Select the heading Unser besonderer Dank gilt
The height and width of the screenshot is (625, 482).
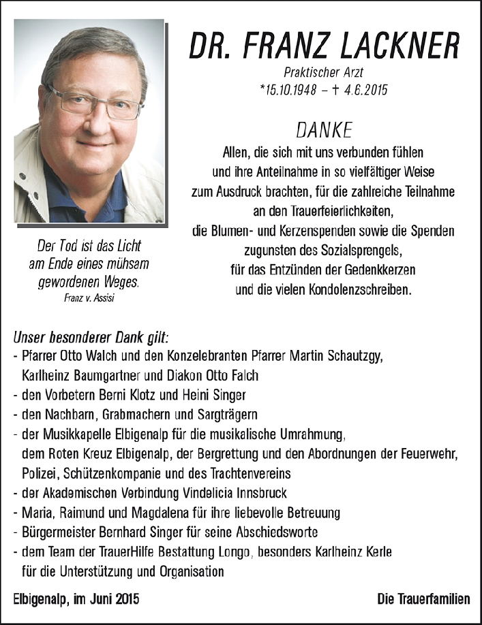[x=91, y=337]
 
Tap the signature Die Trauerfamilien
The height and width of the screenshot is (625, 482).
[x=423, y=599]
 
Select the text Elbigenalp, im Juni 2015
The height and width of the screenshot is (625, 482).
[x=76, y=599]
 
